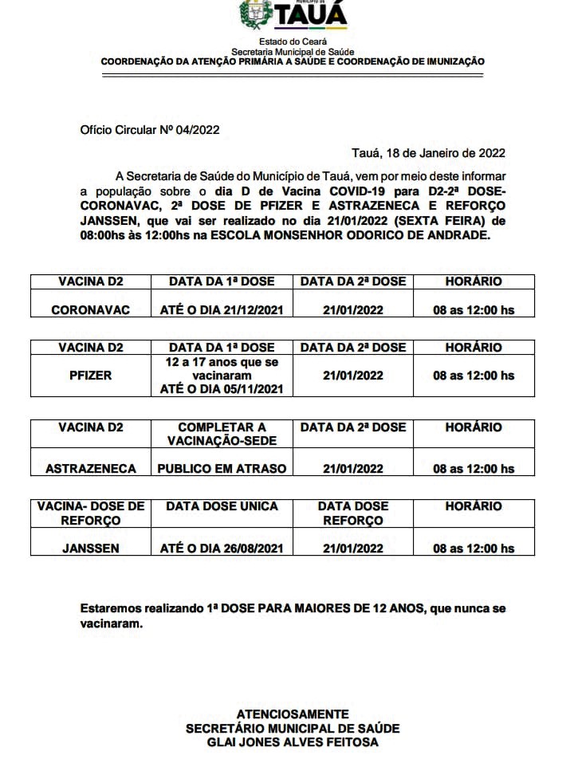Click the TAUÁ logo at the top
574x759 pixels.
(x=293, y=15)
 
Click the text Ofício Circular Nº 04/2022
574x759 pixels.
(x=150, y=129)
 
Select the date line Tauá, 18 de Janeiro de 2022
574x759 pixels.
(x=428, y=152)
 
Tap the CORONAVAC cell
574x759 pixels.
(x=90, y=309)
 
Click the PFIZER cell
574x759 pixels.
(x=90, y=376)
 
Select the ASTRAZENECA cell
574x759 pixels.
(x=90, y=469)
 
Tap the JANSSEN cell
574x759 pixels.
(x=90, y=549)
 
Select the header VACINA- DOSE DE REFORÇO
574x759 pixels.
(x=90, y=513)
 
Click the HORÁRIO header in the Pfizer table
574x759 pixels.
(x=474, y=348)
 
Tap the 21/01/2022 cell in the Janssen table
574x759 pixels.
(x=352, y=549)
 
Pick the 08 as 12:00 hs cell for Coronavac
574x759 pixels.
(x=474, y=309)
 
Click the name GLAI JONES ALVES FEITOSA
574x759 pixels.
(x=293, y=742)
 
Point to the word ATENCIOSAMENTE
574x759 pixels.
(x=293, y=714)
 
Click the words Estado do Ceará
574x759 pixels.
(x=293, y=41)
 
